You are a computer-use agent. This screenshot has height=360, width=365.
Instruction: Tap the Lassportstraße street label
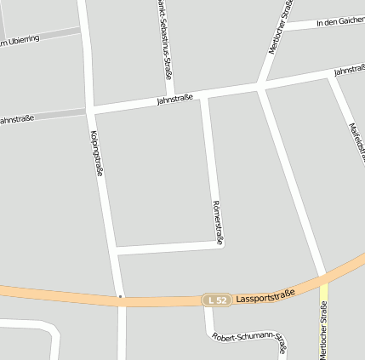pyautogui.click(x=265, y=296)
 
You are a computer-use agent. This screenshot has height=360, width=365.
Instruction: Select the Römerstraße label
pyautogui.click(x=216, y=223)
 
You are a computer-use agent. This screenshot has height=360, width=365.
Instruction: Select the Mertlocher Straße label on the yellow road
pyautogui.click(x=323, y=331)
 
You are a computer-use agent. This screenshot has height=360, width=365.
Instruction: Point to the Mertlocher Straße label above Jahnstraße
pyautogui.click(x=281, y=28)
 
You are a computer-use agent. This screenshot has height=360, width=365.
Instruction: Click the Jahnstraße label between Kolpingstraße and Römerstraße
pyautogui.click(x=174, y=100)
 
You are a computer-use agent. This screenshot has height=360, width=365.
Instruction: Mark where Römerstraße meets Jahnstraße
pyautogui.click(x=204, y=95)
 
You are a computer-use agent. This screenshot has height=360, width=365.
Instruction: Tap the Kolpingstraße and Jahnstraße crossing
pyautogui.click(x=90, y=110)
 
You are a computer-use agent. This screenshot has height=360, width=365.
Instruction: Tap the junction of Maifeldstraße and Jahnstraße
pyautogui.click(x=330, y=76)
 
